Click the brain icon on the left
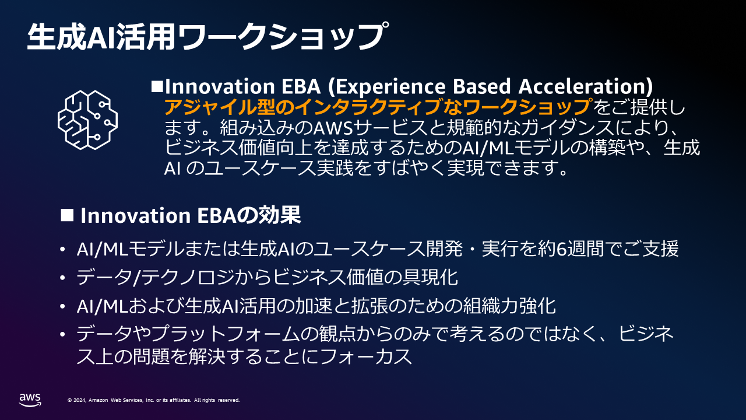coord(87,120)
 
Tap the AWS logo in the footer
coord(30,400)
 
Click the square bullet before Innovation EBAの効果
coord(67,215)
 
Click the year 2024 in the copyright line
coord(80,400)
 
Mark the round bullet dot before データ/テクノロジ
coord(62,278)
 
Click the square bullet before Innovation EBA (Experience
coord(157,86)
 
